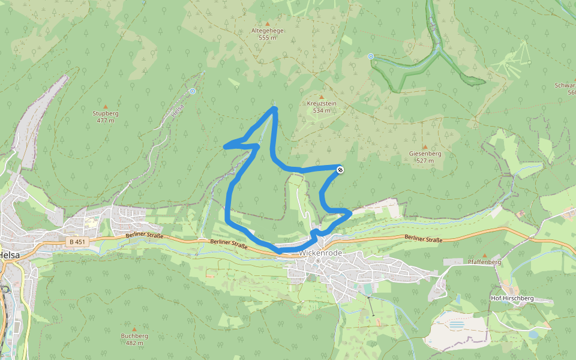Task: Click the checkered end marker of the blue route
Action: point(340,170)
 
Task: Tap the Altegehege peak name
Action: point(267,31)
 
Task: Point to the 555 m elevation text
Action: point(267,38)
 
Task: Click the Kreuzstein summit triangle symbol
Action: point(321,97)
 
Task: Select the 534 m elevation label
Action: point(321,110)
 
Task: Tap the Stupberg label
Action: point(105,113)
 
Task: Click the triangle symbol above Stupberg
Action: point(106,106)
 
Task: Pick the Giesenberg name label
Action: point(425,154)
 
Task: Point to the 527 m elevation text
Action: point(425,161)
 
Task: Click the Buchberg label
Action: point(134,336)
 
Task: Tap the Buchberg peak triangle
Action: point(134,329)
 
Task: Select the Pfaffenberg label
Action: point(484,262)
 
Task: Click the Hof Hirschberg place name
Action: point(511,298)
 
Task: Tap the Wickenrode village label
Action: point(320,253)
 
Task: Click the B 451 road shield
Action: point(76,242)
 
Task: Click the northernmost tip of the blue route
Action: point(274,108)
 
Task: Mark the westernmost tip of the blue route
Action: point(225,146)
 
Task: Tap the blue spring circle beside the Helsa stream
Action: point(193,91)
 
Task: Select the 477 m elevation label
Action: point(105,121)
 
